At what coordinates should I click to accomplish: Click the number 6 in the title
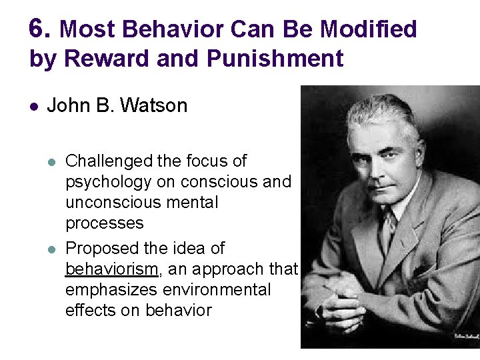(x=39, y=29)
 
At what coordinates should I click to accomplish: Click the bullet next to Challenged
(x=53, y=161)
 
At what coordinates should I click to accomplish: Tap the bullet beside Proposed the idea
(x=53, y=249)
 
